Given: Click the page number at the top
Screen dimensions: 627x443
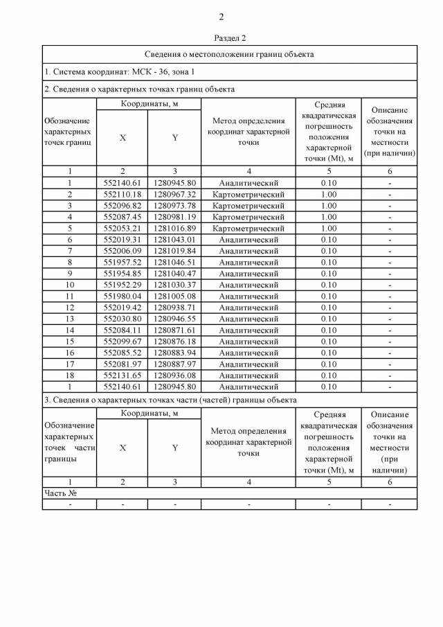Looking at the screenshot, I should [x=221, y=17].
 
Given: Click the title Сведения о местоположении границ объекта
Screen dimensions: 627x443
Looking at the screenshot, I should [x=229, y=54].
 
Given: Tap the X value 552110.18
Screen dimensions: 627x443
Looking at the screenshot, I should [x=123, y=195].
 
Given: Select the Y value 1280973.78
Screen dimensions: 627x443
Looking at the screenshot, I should [x=174, y=206].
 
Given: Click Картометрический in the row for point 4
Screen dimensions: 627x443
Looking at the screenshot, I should [x=248, y=217].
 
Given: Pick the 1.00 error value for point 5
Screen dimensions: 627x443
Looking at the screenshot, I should [x=329, y=229].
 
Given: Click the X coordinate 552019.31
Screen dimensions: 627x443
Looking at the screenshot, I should [x=123, y=240].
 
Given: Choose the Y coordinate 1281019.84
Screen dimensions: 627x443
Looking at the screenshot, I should [x=174, y=251].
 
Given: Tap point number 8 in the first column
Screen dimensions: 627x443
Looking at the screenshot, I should [x=69, y=263].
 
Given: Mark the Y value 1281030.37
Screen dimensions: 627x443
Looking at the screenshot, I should [x=174, y=285].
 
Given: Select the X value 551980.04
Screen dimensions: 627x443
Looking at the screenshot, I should [x=123, y=297].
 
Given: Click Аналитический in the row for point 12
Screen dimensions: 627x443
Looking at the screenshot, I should [x=248, y=308].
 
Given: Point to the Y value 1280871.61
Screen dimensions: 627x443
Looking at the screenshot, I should [x=174, y=330].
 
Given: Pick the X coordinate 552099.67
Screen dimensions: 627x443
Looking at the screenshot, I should [x=123, y=342].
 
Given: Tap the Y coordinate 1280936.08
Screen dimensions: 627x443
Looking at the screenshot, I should [x=174, y=376].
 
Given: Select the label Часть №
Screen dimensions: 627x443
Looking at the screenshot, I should [x=60, y=493].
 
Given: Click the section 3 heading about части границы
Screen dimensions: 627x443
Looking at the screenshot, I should [x=170, y=400].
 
